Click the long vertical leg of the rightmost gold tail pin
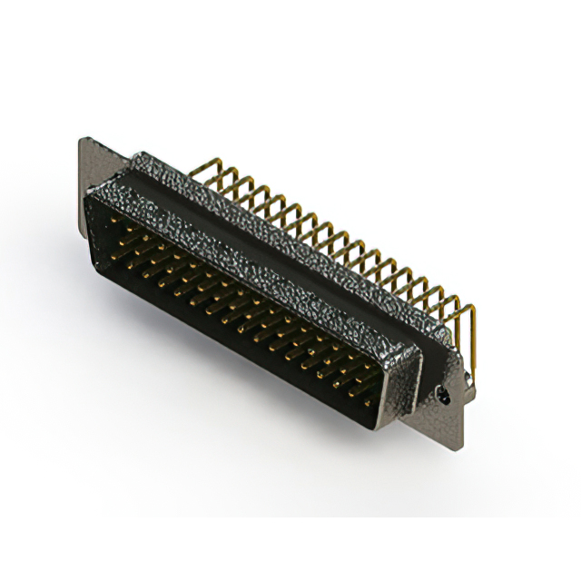click(x=471, y=337)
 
